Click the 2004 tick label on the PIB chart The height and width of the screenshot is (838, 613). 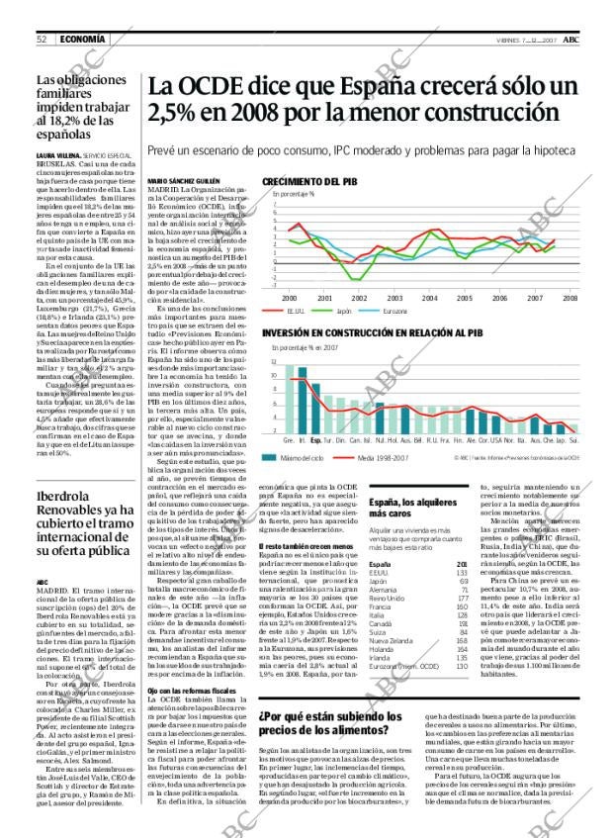[x=430, y=297]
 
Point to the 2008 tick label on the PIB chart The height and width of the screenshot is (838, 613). [x=570, y=297]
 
